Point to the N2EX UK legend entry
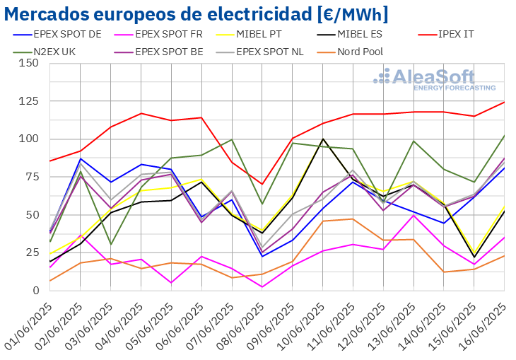[49, 51]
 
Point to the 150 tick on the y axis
[29, 63]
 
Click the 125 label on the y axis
[29, 101]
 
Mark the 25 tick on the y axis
[32, 252]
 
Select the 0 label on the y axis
[35, 291]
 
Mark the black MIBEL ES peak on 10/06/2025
[323, 139]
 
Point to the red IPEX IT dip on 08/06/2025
[262, 184]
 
